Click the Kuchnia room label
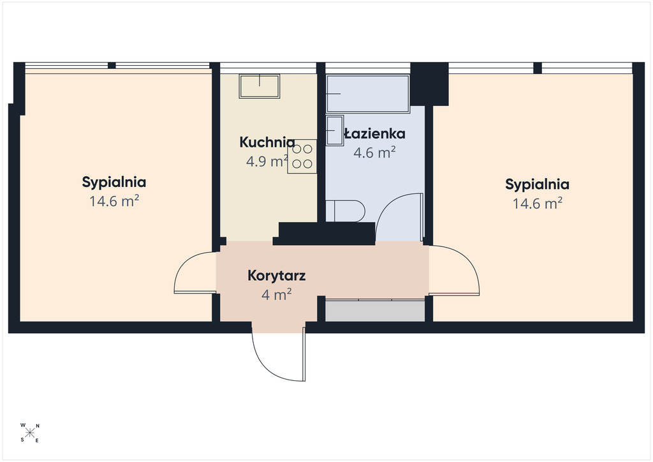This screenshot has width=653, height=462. pos(267,142)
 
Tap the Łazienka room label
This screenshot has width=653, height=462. pos(374,134)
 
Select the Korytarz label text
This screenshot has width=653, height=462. pos(277,276)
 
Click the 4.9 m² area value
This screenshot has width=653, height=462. pos(267,161)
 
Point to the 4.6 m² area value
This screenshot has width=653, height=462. pos(374,153)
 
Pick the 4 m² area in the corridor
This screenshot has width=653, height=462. pos(277,295)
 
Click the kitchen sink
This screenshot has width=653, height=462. pos(259,86)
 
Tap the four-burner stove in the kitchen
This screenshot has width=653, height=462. pos(302,156)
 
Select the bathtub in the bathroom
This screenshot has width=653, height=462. pos(368,94)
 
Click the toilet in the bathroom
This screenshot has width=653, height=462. pos(345,211)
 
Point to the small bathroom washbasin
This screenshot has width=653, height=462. pos(335,130)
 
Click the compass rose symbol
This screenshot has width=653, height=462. pos(30,433)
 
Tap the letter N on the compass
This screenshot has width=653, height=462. pos(38,426)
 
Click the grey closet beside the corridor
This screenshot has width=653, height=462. pos(375,311)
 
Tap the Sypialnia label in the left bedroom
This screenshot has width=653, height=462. pos(114,183)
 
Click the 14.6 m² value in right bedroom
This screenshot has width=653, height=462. pos(537,204)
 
